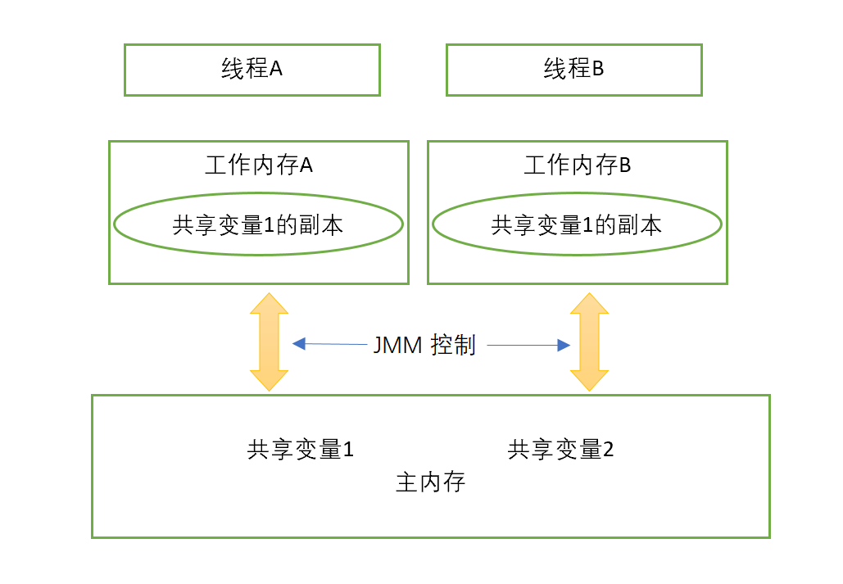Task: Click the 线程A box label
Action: click(x=252, y=69)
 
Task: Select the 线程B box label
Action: click(x=573, y=69)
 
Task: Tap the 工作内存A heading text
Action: click(x=258, y=165)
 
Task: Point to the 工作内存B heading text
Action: click(x=577, y=165)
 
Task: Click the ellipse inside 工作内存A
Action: click(x=258, y=225)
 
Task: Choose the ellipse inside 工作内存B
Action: click(x=577, y=225)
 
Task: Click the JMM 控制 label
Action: click(x=424, y=345)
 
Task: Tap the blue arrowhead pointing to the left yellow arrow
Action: click(x=298, y=344)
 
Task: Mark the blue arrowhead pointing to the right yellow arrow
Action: click(x=564, y=346)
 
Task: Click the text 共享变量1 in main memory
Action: click(x=300, y=450)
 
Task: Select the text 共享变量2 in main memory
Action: click(x=560, y=450)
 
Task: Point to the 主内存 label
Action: click(x=430, y=482)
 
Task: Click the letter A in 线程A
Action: click(x=276, y=70)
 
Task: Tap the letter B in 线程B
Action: click(x=598, y=70)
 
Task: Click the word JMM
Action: click(x=397, y=346)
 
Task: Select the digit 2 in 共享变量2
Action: click(x=608, y=450)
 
